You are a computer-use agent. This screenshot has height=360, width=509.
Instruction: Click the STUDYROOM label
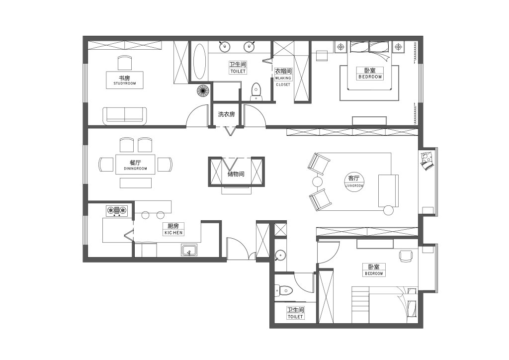pos(125,84)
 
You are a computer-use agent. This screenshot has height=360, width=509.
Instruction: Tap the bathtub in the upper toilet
pos(199,61)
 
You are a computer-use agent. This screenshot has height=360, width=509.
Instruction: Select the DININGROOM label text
pos(135,169)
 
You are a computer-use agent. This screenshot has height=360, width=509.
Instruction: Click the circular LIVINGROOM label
pos(354,182)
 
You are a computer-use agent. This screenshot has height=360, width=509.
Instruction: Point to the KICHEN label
pos(173,233)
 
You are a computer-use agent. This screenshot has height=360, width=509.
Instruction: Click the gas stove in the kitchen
pos(116,211)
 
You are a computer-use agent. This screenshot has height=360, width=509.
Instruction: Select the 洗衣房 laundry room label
pos(226,114)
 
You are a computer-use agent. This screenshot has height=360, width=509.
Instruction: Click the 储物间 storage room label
pos(236,174)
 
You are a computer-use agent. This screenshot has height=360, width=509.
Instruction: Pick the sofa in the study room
pos(125,116)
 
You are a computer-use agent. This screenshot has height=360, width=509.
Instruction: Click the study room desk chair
pos(125,63)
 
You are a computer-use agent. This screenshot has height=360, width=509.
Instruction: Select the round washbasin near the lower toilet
pos(280,256)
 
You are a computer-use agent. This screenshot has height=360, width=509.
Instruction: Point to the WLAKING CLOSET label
pos(283,81)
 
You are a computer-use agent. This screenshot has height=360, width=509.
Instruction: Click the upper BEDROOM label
pos(370,77)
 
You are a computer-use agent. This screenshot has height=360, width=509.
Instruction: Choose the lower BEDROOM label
pos(374,273)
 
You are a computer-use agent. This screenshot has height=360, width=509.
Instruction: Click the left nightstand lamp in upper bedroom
pos(340,47)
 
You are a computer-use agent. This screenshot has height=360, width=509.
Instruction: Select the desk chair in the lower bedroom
pos(405,256)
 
